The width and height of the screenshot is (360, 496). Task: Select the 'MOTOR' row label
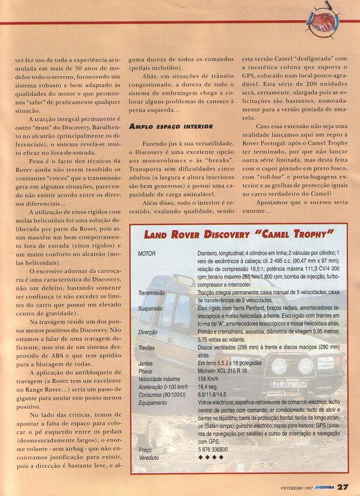coord(148,254)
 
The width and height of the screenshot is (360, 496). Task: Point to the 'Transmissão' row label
coord(152,293)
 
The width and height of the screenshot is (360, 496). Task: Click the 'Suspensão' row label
coord(151,309)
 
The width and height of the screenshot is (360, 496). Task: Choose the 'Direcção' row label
coord(149,332)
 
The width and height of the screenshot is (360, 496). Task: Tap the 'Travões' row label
coord(148,348)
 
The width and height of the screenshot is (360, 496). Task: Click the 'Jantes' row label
coord(146,364)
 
